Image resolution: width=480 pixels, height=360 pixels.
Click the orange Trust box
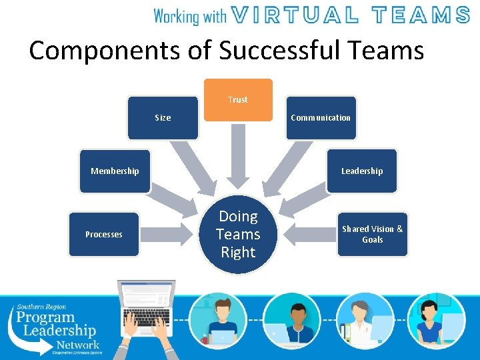(238, 100)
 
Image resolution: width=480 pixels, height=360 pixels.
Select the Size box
(163, 118)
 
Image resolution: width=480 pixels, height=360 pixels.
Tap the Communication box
(321, 118)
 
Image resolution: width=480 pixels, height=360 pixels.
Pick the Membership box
(115, 171)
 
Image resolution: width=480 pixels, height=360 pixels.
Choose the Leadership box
(362, 171)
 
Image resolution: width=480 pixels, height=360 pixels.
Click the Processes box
(104, 234)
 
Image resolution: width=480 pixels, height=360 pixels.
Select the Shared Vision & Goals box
(372, 234)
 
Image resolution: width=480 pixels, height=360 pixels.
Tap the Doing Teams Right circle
(238, 235)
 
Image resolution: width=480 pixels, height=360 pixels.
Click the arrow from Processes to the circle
(167, 234)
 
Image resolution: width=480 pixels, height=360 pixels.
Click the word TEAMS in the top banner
(421, 15)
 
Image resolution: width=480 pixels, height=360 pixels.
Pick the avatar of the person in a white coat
(365, 319)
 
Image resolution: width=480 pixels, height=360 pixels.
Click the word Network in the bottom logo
(77, 344)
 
